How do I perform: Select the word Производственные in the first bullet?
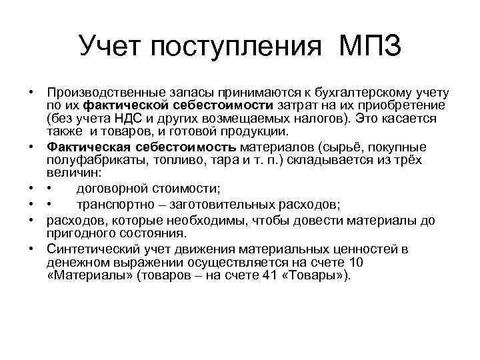pyautogui.click(x=103, y=93)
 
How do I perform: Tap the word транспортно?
pyautogui.click(x=114, y=203)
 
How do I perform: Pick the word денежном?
pyautogui.click(x=78, y=261)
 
